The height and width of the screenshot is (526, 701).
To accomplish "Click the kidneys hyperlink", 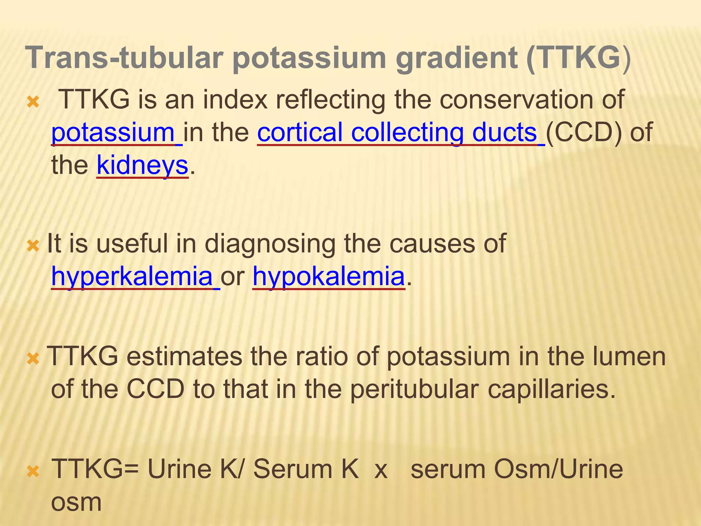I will pos(142,165).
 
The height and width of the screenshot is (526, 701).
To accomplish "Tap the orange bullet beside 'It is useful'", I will pos(33,246).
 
